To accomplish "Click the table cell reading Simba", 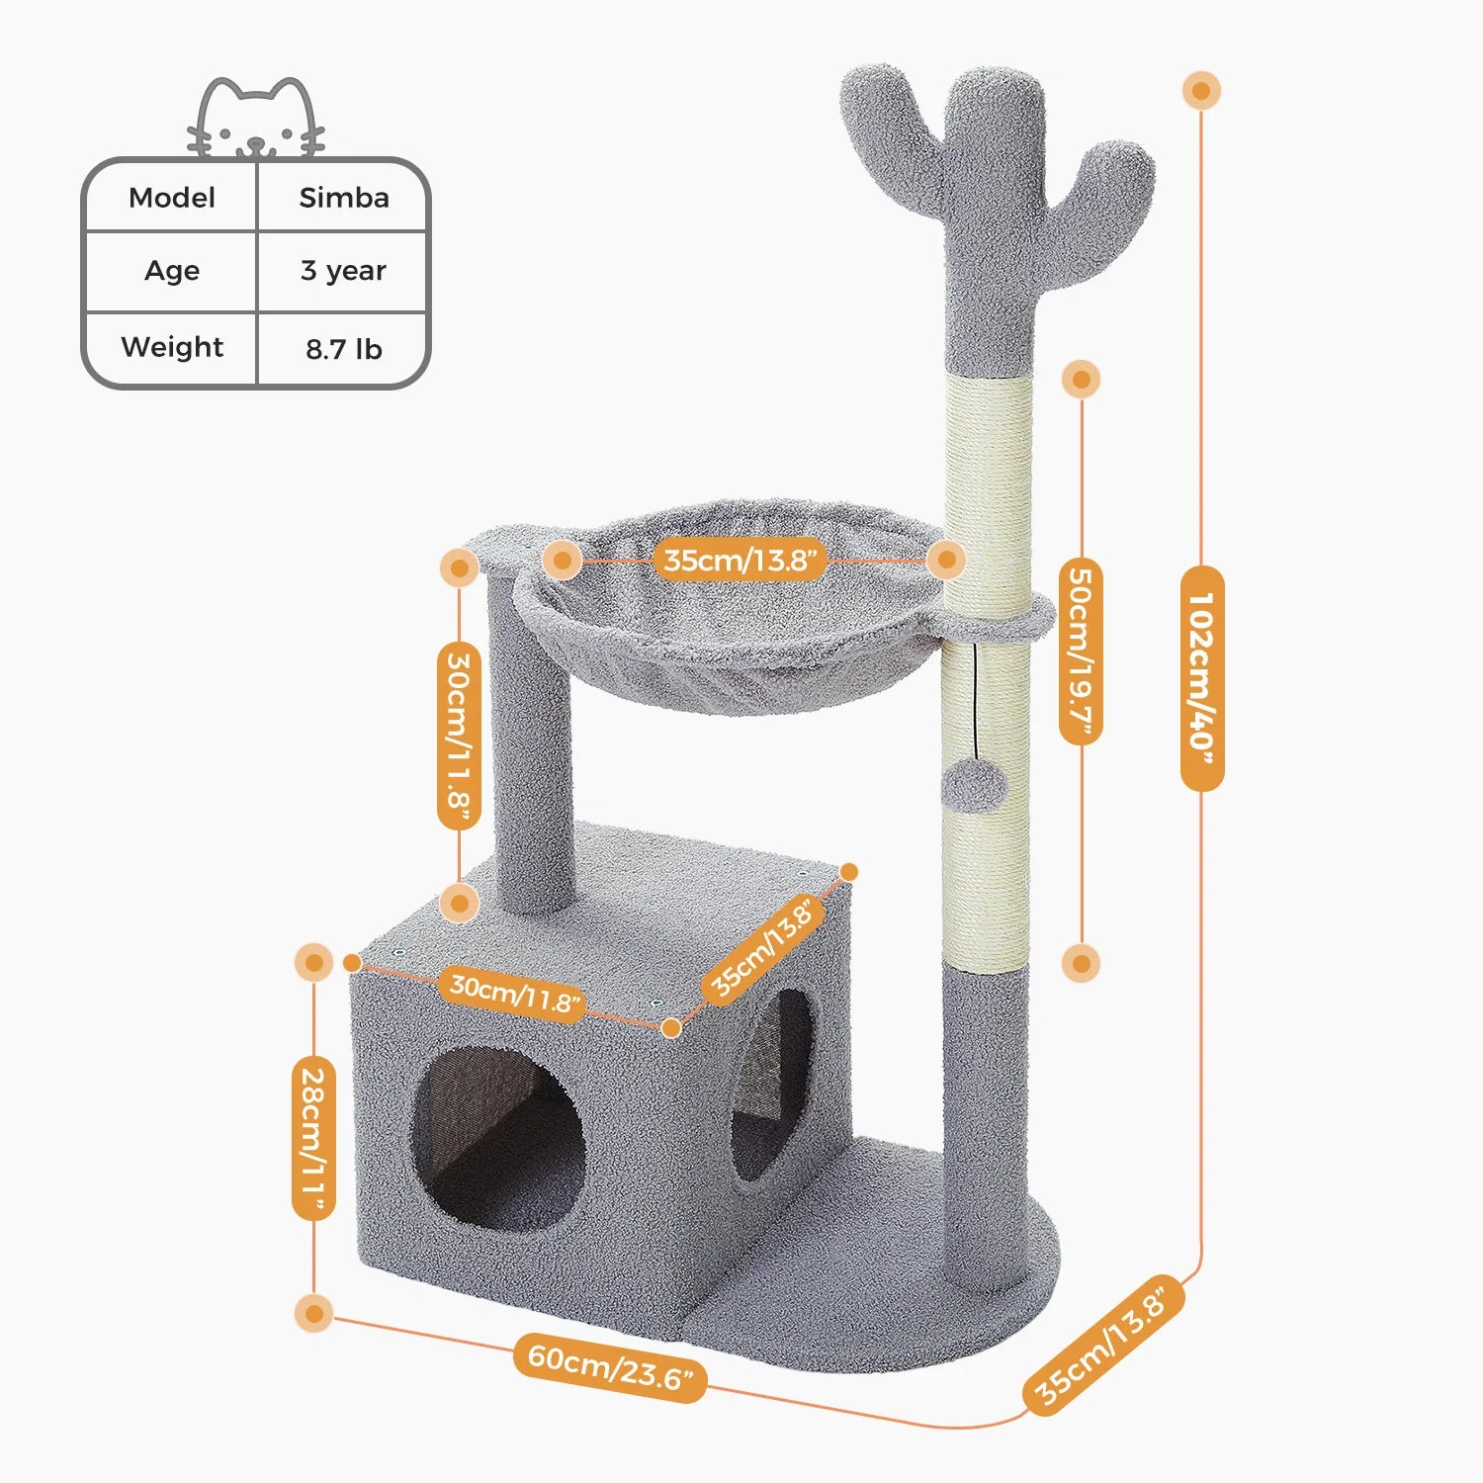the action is tap(344, 198).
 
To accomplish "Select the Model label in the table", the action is tap(172, 198).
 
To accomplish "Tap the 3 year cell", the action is tap(343, 271).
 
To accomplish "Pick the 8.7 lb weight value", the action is tap(343, 349).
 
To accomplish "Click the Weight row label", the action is tap(172, 347).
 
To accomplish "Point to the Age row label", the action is tap(172, 271).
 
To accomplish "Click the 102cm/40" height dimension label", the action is tap(1202, 678).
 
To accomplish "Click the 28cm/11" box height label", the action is tap(313, 1137).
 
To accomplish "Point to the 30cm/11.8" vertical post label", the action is tap(459, 737).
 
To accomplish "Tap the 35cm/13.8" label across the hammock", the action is tap(741, 561).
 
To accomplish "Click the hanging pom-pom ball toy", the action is tap(974, 788).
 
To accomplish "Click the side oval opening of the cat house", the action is tap(774, 1085).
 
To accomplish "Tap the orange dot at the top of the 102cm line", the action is tap(1201, 91).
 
